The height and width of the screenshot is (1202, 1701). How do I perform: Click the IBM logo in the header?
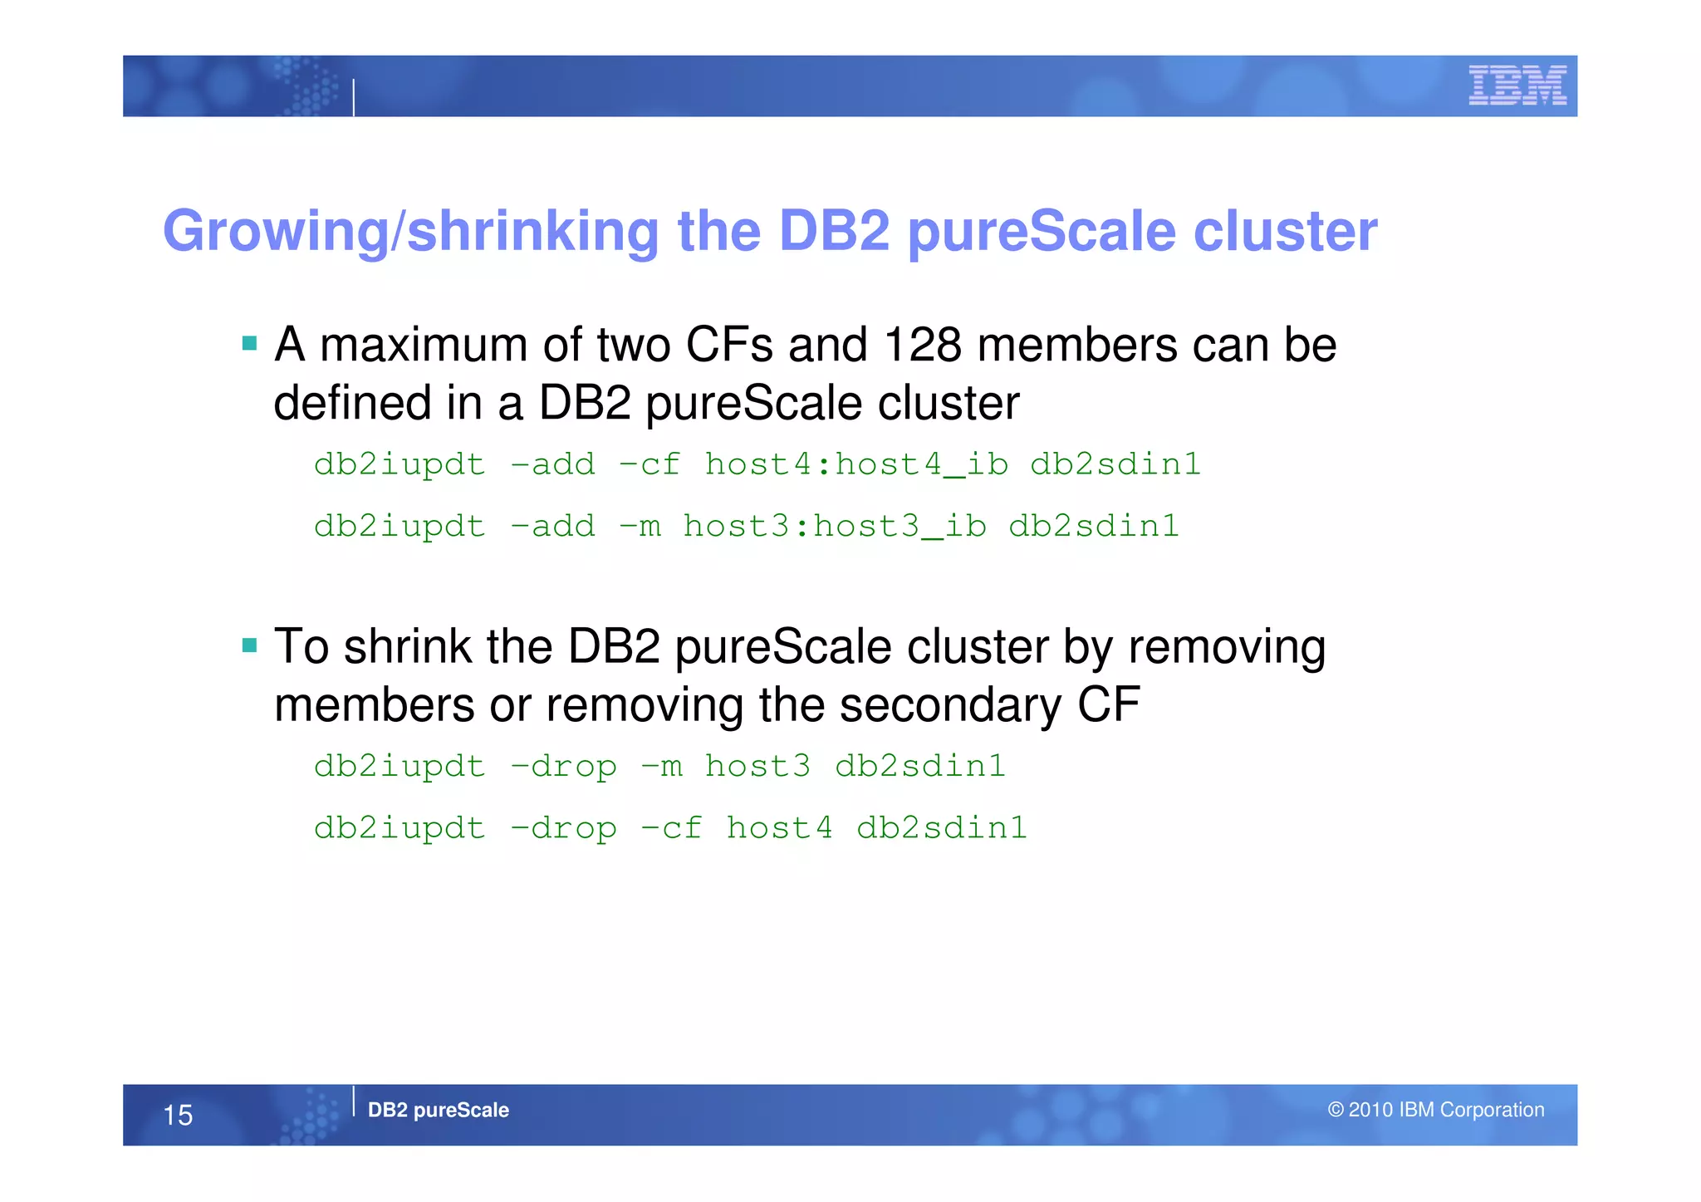(x=1517, y=86)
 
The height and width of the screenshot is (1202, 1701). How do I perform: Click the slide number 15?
(x=178, y=1115)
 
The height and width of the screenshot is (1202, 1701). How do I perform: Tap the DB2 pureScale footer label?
(x=438, y=1110)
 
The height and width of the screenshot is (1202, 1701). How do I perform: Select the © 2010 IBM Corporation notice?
(x=1436, y=1110)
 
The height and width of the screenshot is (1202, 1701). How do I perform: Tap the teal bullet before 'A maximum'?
(x=249, y=343)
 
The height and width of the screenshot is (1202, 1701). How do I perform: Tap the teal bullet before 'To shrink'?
(x=249, y=645)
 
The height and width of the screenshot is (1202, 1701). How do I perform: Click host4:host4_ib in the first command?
(x=856, y=464)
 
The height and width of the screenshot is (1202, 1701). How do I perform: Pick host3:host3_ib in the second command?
(x=835, y=527)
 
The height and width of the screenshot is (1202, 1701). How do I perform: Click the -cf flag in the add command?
(x=650, y=464)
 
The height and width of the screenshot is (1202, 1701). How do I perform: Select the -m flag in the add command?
(x=640, y=527)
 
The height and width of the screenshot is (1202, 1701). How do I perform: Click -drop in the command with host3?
(x=563, y=767)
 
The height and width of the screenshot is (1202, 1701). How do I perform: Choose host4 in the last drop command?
(x=779, y=828)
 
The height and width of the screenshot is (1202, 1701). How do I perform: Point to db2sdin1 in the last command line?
(x=942, y=828)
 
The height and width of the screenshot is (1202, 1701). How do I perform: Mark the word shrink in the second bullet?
(x=406, y=647)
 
